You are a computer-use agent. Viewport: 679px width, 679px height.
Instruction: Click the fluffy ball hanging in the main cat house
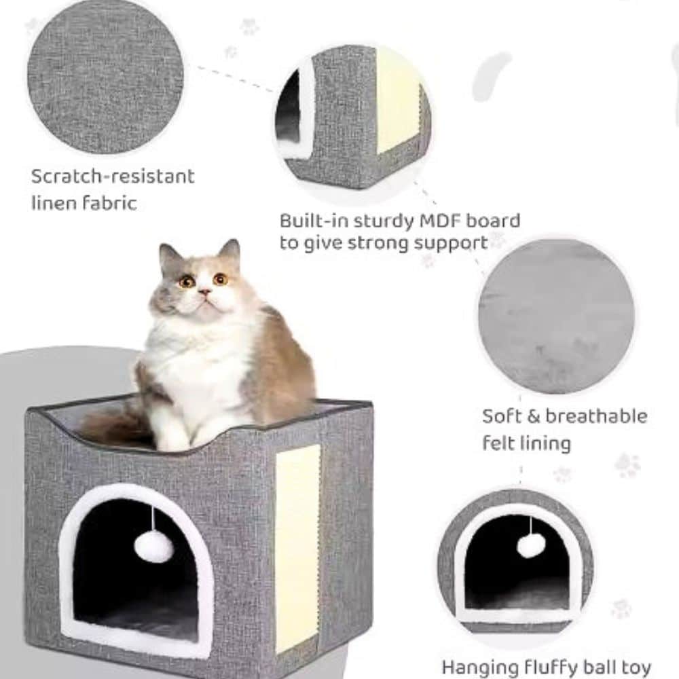(x=153, y=547)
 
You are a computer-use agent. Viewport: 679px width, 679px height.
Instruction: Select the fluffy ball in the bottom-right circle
(x=531, y=545)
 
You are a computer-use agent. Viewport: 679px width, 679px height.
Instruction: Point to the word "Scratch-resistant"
(x=113, y=177)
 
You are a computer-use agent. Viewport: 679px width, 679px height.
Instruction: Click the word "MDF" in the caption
(x=439, y=221)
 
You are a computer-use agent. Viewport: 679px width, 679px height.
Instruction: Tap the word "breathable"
(x=596, y=416)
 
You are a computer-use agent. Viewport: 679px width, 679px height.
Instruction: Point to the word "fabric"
(x=109, y=202)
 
